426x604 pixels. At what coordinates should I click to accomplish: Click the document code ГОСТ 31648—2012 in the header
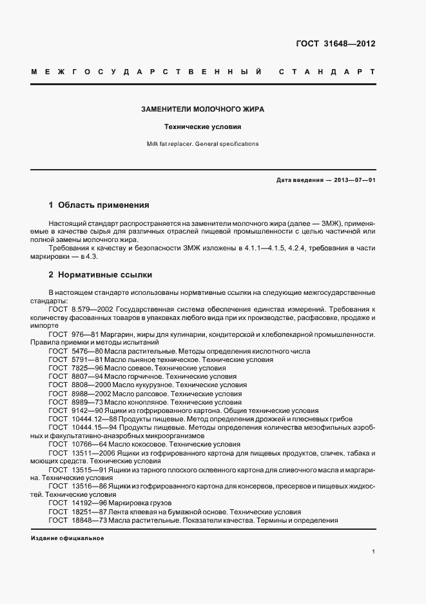pos(335,45)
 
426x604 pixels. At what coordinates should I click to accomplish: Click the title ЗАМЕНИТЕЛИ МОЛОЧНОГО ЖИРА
pos(202,110)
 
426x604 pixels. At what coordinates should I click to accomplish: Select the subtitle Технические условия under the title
pos(202,127)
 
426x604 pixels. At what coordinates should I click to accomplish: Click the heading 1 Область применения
pos(99,205)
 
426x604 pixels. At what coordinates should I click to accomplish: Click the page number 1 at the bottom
pos(374,552)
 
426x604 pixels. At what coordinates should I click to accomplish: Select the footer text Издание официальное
pos(67,538)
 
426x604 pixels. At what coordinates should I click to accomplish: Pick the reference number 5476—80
pos(85,351)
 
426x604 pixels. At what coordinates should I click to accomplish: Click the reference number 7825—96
pos(85,368)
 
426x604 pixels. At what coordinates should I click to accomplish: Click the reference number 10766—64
pos(88,444)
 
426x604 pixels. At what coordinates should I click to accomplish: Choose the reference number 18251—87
pos(88,512)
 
